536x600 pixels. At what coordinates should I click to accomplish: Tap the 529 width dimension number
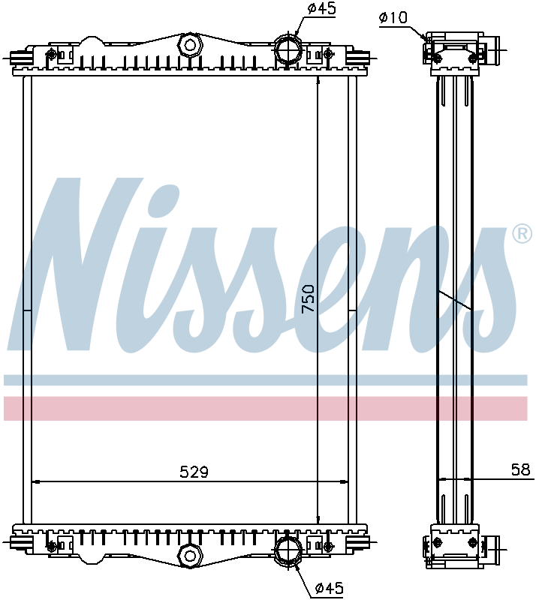(x=194, y=472)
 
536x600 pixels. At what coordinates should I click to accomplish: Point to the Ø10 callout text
(x=393, y=16)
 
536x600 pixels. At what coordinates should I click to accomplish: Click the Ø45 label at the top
(x=321, y=9)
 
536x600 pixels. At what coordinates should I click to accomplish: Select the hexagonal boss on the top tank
(x=190, y=44)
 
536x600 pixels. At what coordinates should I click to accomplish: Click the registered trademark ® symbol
(x=521, y=234)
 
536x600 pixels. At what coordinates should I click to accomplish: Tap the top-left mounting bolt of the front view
(x=52, y=54)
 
